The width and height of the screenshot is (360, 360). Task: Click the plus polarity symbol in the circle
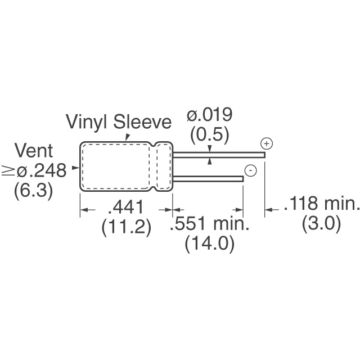[x=267, y=144]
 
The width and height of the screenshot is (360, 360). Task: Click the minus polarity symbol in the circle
[x=251, y=170]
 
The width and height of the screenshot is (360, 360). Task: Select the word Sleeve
[x=142, y=121]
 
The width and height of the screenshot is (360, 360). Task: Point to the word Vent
[x=34, y=151]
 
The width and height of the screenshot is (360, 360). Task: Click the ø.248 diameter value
[x=42, y=170]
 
